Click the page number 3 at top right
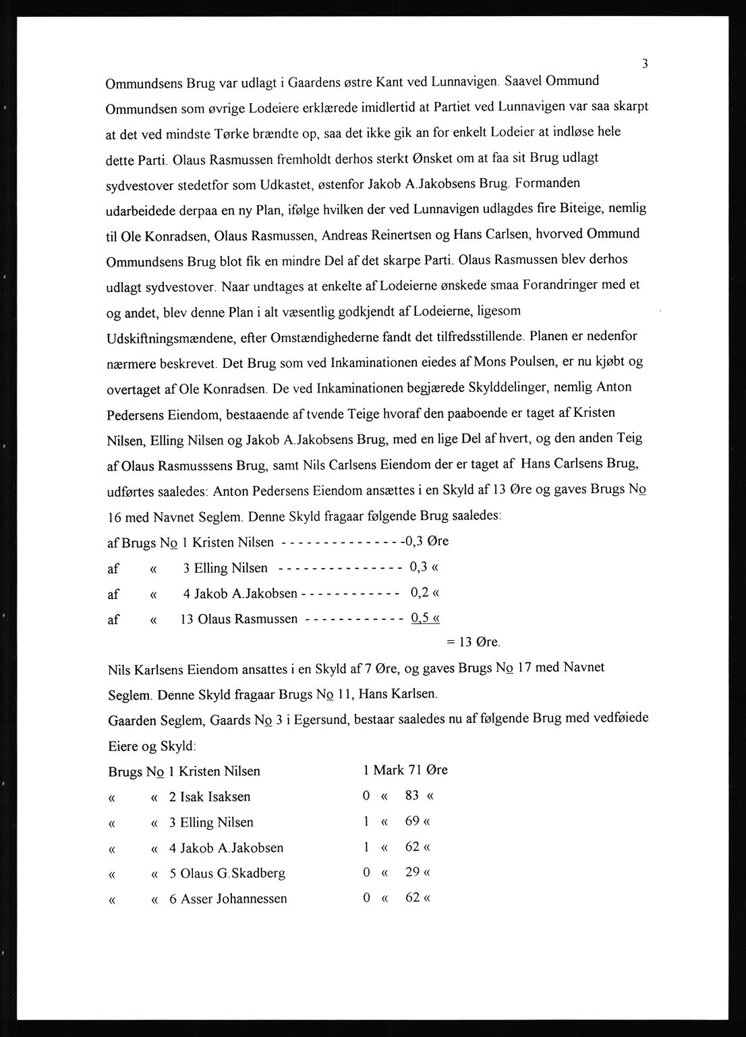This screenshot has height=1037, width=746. (x=645, y=64)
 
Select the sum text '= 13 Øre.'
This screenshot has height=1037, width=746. (x=474, y=642)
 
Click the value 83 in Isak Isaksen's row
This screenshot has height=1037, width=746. (x=412, y=795)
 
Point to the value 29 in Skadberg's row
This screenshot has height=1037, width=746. (x=412, y=872)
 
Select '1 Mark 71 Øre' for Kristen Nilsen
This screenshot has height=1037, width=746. (x=405, y=770)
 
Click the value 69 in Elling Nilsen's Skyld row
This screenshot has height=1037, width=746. (x=412, y=821)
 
